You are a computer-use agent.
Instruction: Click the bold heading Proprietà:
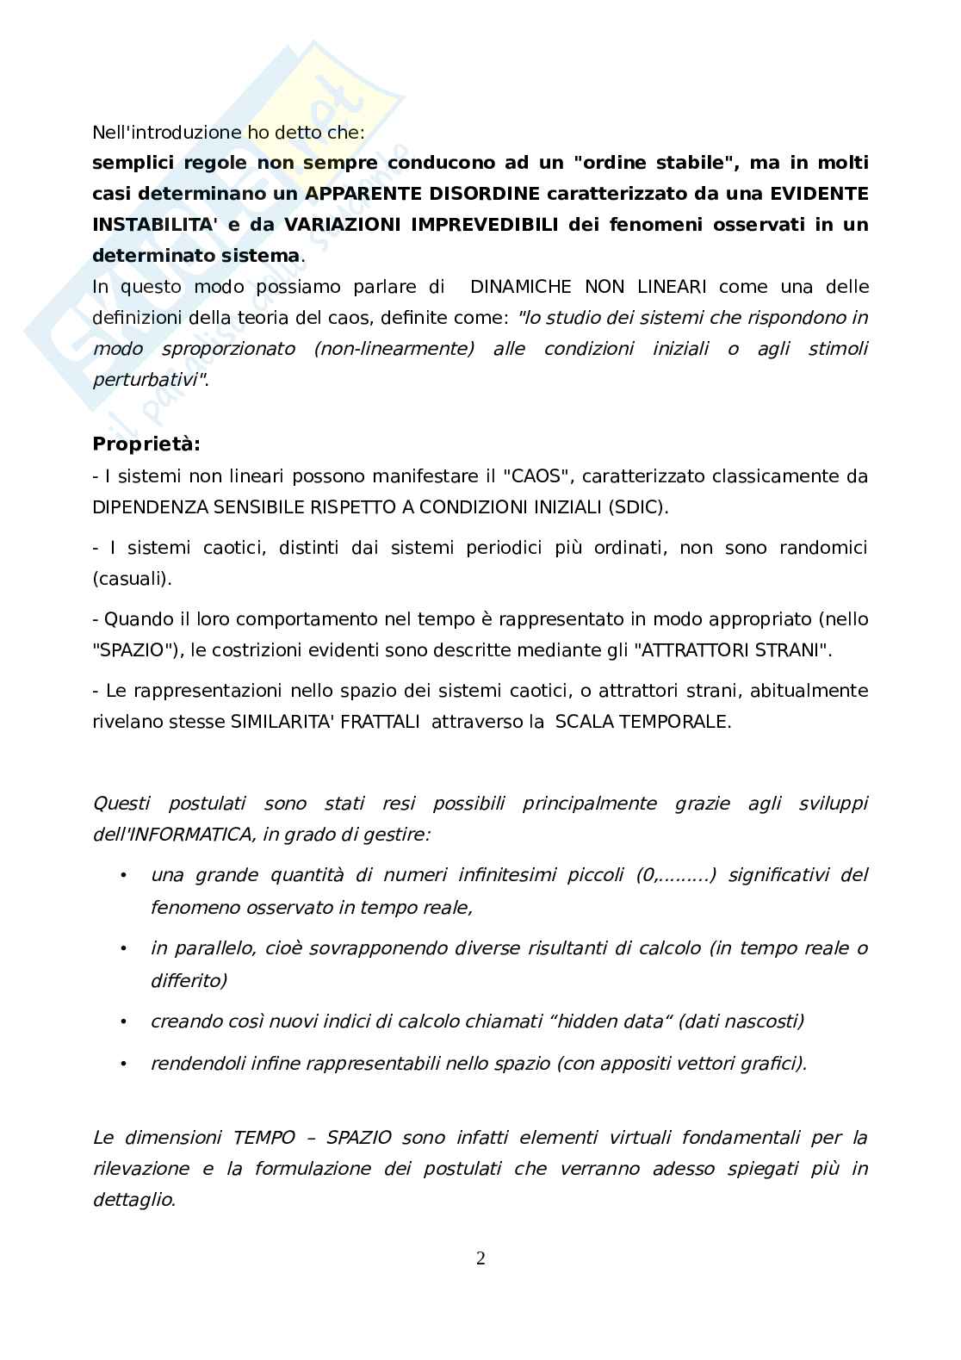(x=146, y=444)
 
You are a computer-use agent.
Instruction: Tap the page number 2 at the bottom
(x=480, y=1258)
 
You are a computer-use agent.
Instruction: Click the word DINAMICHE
(x=522, y=286)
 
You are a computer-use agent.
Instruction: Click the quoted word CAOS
(x=535, y=475)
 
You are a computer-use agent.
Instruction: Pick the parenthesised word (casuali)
(x=132, y=579)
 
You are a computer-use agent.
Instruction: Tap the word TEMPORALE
(x=683, y=722)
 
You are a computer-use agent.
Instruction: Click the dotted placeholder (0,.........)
(x=676, y=875)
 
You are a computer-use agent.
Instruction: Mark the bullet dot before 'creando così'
(x=124, y=1022)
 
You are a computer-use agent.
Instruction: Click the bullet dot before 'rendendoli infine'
(x=124, y=1063)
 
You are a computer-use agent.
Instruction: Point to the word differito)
(x=189, y=980)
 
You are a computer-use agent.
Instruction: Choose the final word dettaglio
(x=133, y=1199)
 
